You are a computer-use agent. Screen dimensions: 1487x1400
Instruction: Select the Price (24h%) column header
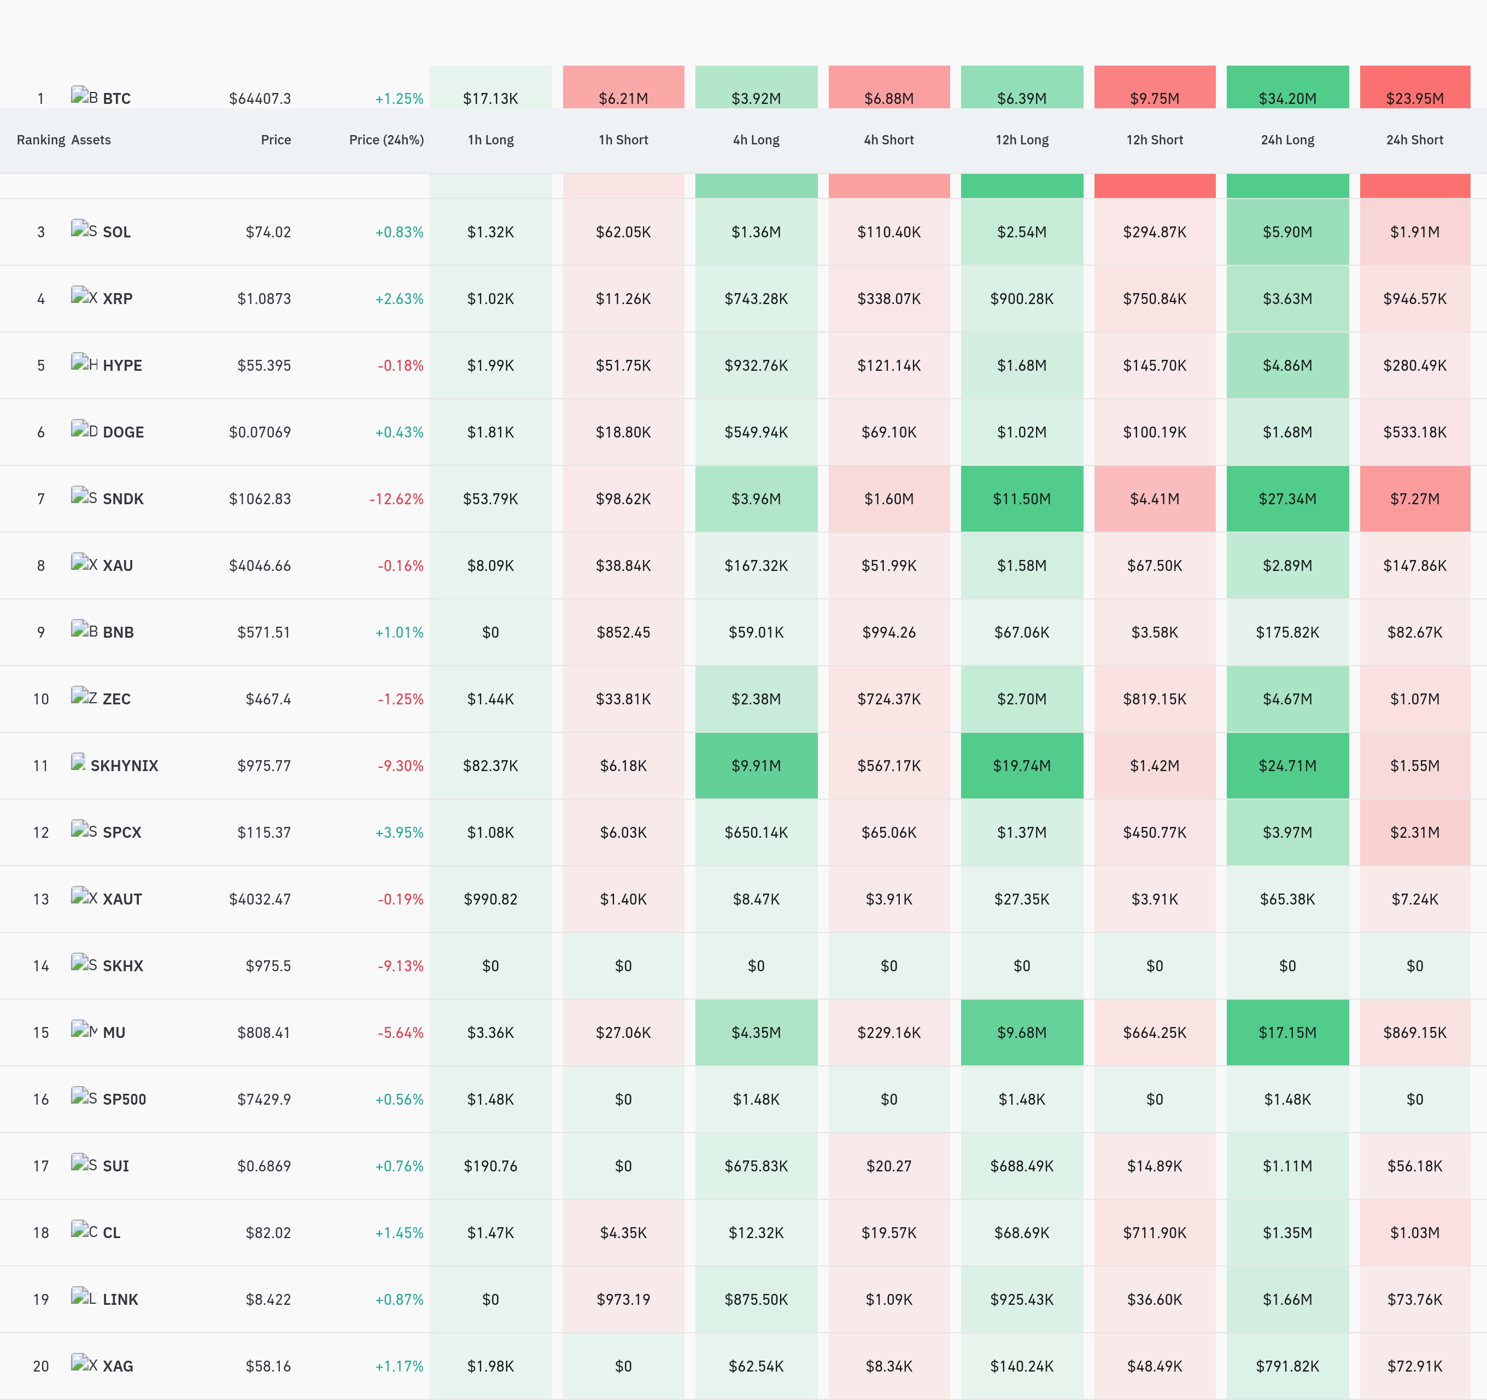(x=386, y=140)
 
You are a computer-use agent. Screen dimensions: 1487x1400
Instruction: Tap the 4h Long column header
(x=756, y=140)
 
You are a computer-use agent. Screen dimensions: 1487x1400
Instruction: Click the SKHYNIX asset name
(x=124, y=766)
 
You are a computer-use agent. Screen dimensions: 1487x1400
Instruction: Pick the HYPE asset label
(x=122, y=365)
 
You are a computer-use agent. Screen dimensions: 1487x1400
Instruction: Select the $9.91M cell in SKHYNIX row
(x=756, y=766)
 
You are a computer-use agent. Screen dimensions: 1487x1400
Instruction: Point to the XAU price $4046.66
(x=260, y=565)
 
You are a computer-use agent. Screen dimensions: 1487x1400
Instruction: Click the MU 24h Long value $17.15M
(x=1287, y=1032)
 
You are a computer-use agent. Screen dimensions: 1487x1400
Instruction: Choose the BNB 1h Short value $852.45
(x=623, y=632)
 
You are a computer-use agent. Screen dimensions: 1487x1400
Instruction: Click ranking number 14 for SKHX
(x=41, y=966)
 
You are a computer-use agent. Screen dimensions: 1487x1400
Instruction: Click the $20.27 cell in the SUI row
(x=888, y=1166)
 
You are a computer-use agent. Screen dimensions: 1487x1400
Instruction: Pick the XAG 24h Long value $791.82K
(x=1287, y=1366)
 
